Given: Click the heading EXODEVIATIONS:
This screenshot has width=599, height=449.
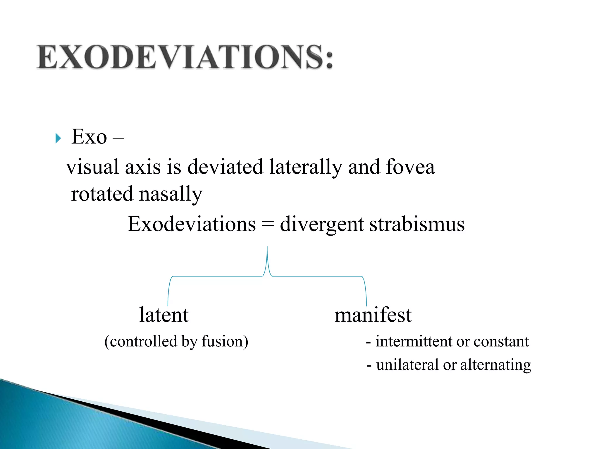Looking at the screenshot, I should (x=185, y=57).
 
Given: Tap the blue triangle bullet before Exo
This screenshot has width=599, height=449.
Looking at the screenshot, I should (x=58, y=138).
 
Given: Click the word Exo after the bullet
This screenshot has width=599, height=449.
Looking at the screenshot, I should (x=89, y=137).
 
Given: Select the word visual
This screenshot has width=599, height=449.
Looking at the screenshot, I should (x=93, y=167).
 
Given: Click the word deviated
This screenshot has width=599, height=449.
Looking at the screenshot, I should (x=225, y=167).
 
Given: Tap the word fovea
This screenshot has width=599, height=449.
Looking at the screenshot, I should (x=410, y=167).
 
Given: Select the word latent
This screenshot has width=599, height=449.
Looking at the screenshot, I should (x=164, y=315).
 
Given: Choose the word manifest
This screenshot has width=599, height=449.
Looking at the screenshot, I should (x=373, y=315).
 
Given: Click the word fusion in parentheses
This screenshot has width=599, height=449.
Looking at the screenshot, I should (x=222, y=341).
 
